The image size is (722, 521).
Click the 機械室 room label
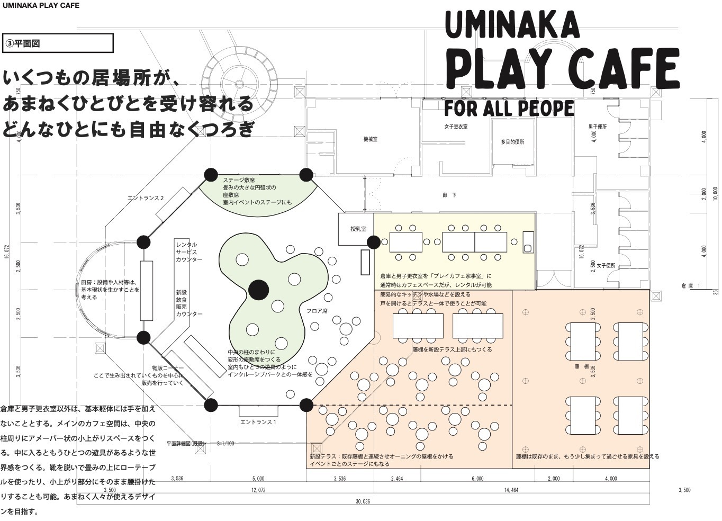coord(370,139)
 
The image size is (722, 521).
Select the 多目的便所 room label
coord(512,142)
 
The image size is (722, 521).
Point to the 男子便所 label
coord(597,127)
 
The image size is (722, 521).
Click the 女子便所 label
coord(606,265)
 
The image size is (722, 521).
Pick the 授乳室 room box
coord(356,229)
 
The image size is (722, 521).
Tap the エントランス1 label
coord(258,422)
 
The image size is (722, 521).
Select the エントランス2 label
coord(146,198)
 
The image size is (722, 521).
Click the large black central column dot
coord(259,289)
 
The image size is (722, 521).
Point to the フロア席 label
coord(317,311)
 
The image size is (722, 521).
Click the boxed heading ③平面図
coord(58,43)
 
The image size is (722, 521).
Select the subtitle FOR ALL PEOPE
coord(509,107)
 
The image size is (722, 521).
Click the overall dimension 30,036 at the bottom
coord(363,501)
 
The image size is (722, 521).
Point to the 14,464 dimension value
coord(511,490)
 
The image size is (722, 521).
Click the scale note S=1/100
coord(225,444)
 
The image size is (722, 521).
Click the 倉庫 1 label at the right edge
coord(691,286)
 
